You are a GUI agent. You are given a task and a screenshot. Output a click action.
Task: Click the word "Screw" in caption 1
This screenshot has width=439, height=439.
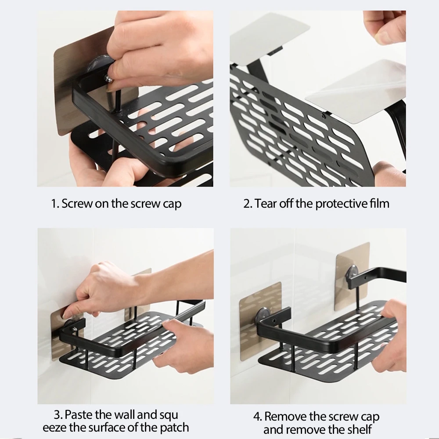coord(77,203)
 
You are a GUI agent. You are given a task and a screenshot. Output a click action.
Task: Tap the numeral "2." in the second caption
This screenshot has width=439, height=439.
coord(248,204)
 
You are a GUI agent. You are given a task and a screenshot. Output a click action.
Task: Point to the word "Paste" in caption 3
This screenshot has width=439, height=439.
coord(79,415)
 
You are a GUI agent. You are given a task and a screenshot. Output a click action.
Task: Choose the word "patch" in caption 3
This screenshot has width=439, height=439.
coord(174,428)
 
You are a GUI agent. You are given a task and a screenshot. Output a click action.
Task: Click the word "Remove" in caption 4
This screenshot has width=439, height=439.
coord(285,417)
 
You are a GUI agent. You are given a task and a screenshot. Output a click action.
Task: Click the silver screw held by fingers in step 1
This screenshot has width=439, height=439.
coord(109,79)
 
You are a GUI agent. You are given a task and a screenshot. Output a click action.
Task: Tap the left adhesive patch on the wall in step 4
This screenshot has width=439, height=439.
coord(260,321)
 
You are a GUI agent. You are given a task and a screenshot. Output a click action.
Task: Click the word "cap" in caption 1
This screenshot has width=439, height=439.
coord(172,205)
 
